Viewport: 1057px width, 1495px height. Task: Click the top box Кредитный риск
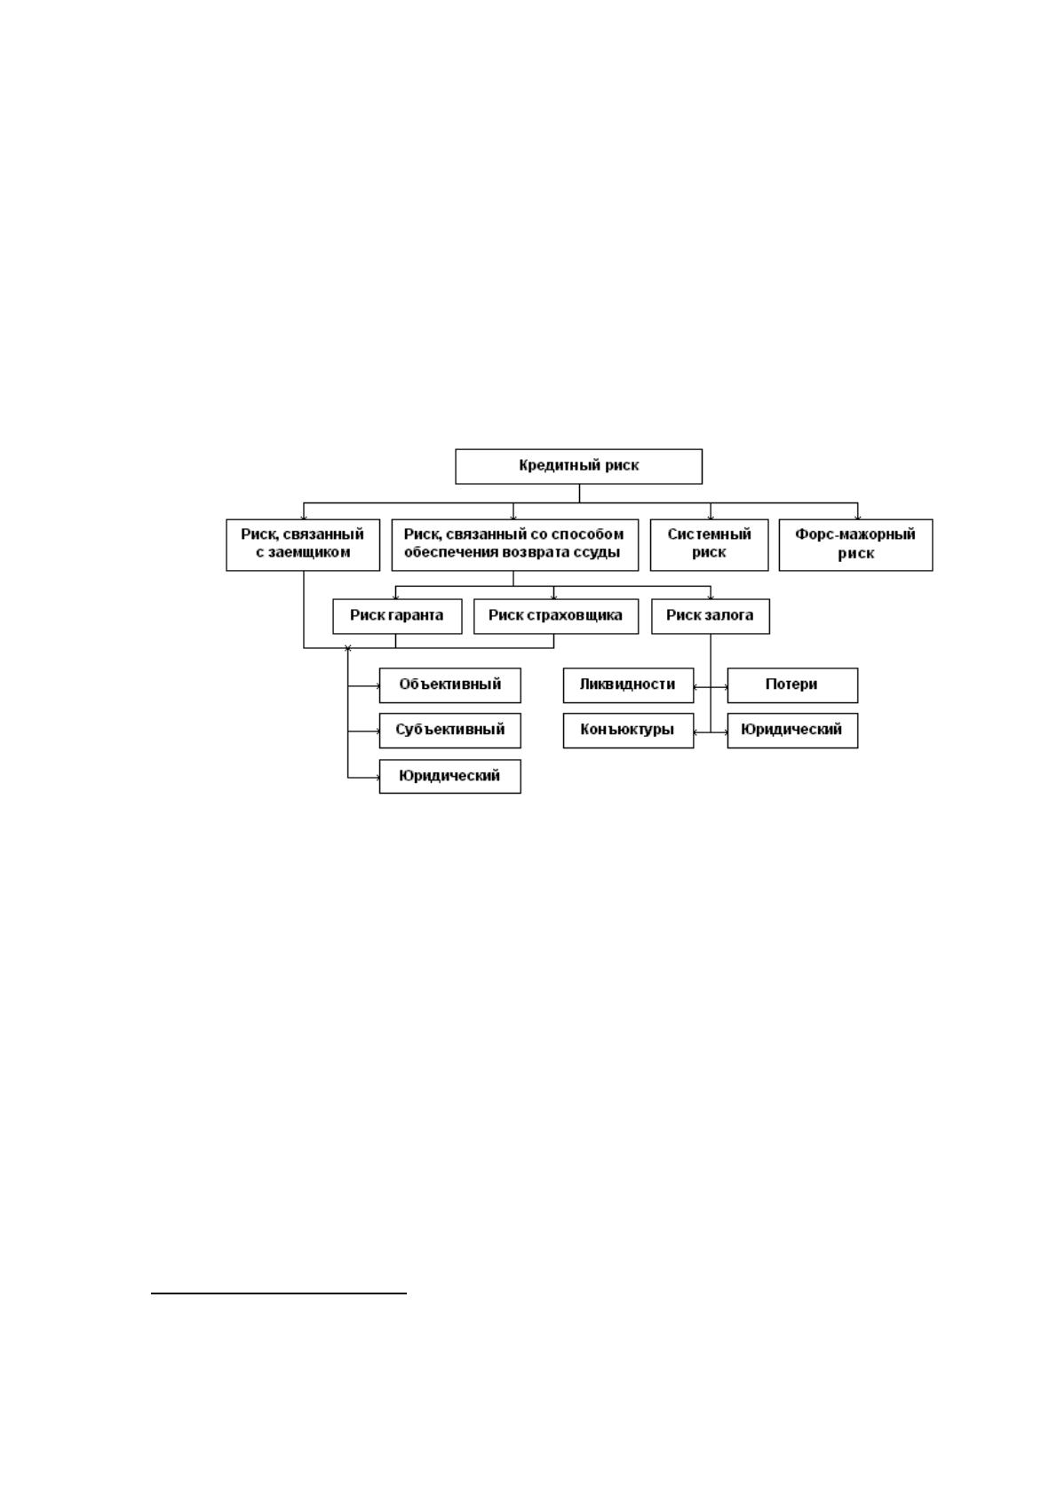[578, 466]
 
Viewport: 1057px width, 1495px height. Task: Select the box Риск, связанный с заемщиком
[303, 544]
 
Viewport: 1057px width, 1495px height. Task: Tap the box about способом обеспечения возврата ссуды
[515, 544]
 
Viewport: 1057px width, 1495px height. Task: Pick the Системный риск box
[709, 544]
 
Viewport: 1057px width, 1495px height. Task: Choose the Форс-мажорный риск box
[856, 544]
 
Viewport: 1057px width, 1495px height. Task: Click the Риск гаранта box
[397, 616]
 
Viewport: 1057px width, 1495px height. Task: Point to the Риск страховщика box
[556, 616]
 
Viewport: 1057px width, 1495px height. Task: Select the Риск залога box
[711, 616]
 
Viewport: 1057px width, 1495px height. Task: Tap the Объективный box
[450, 685]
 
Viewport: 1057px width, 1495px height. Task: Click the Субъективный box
[450, 731]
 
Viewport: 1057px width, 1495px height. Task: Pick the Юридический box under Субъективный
[450, 776]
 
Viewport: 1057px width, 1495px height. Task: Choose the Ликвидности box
[628, 685]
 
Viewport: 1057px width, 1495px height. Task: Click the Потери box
[792, 685]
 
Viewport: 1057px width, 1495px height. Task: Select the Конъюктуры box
[628, 731]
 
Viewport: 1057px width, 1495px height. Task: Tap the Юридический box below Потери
[792, 731]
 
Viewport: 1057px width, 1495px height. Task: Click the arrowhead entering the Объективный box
[377, 685]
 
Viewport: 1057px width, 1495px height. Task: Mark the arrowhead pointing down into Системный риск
[711, 517]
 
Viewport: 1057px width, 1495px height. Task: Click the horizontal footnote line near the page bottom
[279, 1293]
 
